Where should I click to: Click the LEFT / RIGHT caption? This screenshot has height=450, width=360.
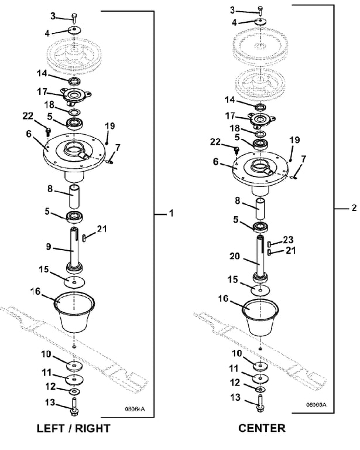[x=73, y=428]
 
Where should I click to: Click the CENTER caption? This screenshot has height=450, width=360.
[x=262, y=428]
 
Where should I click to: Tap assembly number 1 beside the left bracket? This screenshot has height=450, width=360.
[x=172, y=215]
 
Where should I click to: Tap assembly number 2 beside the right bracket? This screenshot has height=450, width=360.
[x=353, y=207]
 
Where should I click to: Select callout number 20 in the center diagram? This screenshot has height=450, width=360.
[x=235, y=256]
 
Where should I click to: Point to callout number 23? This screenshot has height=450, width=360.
[x=288, y=240]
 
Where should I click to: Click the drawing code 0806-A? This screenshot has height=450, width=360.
[x=135, y=409]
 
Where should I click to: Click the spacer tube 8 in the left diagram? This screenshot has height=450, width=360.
[x=74, y=196]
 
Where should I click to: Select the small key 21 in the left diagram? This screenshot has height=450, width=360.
[x=85, y=237]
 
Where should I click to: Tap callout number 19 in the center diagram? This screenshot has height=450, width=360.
[x=294, y=140]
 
